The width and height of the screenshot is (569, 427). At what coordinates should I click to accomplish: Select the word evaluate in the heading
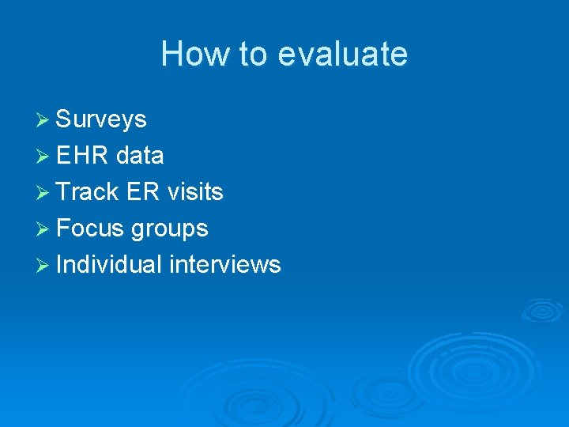tap(343, 55)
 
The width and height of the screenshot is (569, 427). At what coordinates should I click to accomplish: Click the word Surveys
tap(102, 119)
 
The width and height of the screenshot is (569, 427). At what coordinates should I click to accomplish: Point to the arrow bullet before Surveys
tap(43, 119)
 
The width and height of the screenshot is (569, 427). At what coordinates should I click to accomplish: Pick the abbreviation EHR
tap(83, 156)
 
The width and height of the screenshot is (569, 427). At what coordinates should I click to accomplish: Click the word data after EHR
tap(140, 156)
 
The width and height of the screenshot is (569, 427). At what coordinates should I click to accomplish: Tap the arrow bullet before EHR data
tap(43, 156)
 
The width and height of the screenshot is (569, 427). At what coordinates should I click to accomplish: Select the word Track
tap(87, 192)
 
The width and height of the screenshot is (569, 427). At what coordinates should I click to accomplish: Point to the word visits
tap(194, 192)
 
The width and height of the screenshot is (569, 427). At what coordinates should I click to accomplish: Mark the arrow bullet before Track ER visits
tap(43, 192)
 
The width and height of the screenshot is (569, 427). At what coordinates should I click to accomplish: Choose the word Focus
tap(91, 229)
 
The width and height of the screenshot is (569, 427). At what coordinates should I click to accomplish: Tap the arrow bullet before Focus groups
tap(43, 229)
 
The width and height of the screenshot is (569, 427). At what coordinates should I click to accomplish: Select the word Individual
tap(110, 264)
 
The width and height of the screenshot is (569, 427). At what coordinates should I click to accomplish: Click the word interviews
tap(225, 264)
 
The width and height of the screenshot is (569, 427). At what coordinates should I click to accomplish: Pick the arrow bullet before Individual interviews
tap(43, 264)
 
